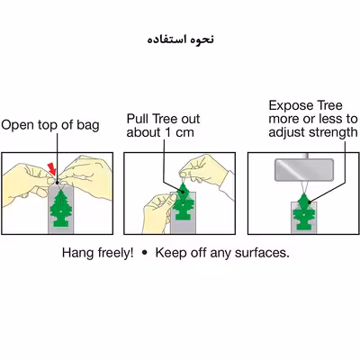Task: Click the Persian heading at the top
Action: tap(181, 40)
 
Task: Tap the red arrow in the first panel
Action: tap(52, 168)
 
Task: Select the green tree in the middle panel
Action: tap(183, 202)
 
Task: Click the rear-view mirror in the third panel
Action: tap(304, 170)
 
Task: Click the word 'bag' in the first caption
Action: tap(87, 125)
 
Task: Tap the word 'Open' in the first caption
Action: tap(18, 125)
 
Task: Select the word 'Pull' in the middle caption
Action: tap(138, 119)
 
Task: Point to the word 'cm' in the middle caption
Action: tap(184, 133)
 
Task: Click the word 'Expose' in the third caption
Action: tap(291, 106)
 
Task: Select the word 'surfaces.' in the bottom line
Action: tap(262, 253)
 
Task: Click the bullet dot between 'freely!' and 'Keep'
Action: tap(145, 253)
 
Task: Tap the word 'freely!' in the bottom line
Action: tap(115, 253)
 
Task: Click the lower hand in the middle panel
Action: tap(158, 212)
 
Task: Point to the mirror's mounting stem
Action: tap(306, 156)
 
